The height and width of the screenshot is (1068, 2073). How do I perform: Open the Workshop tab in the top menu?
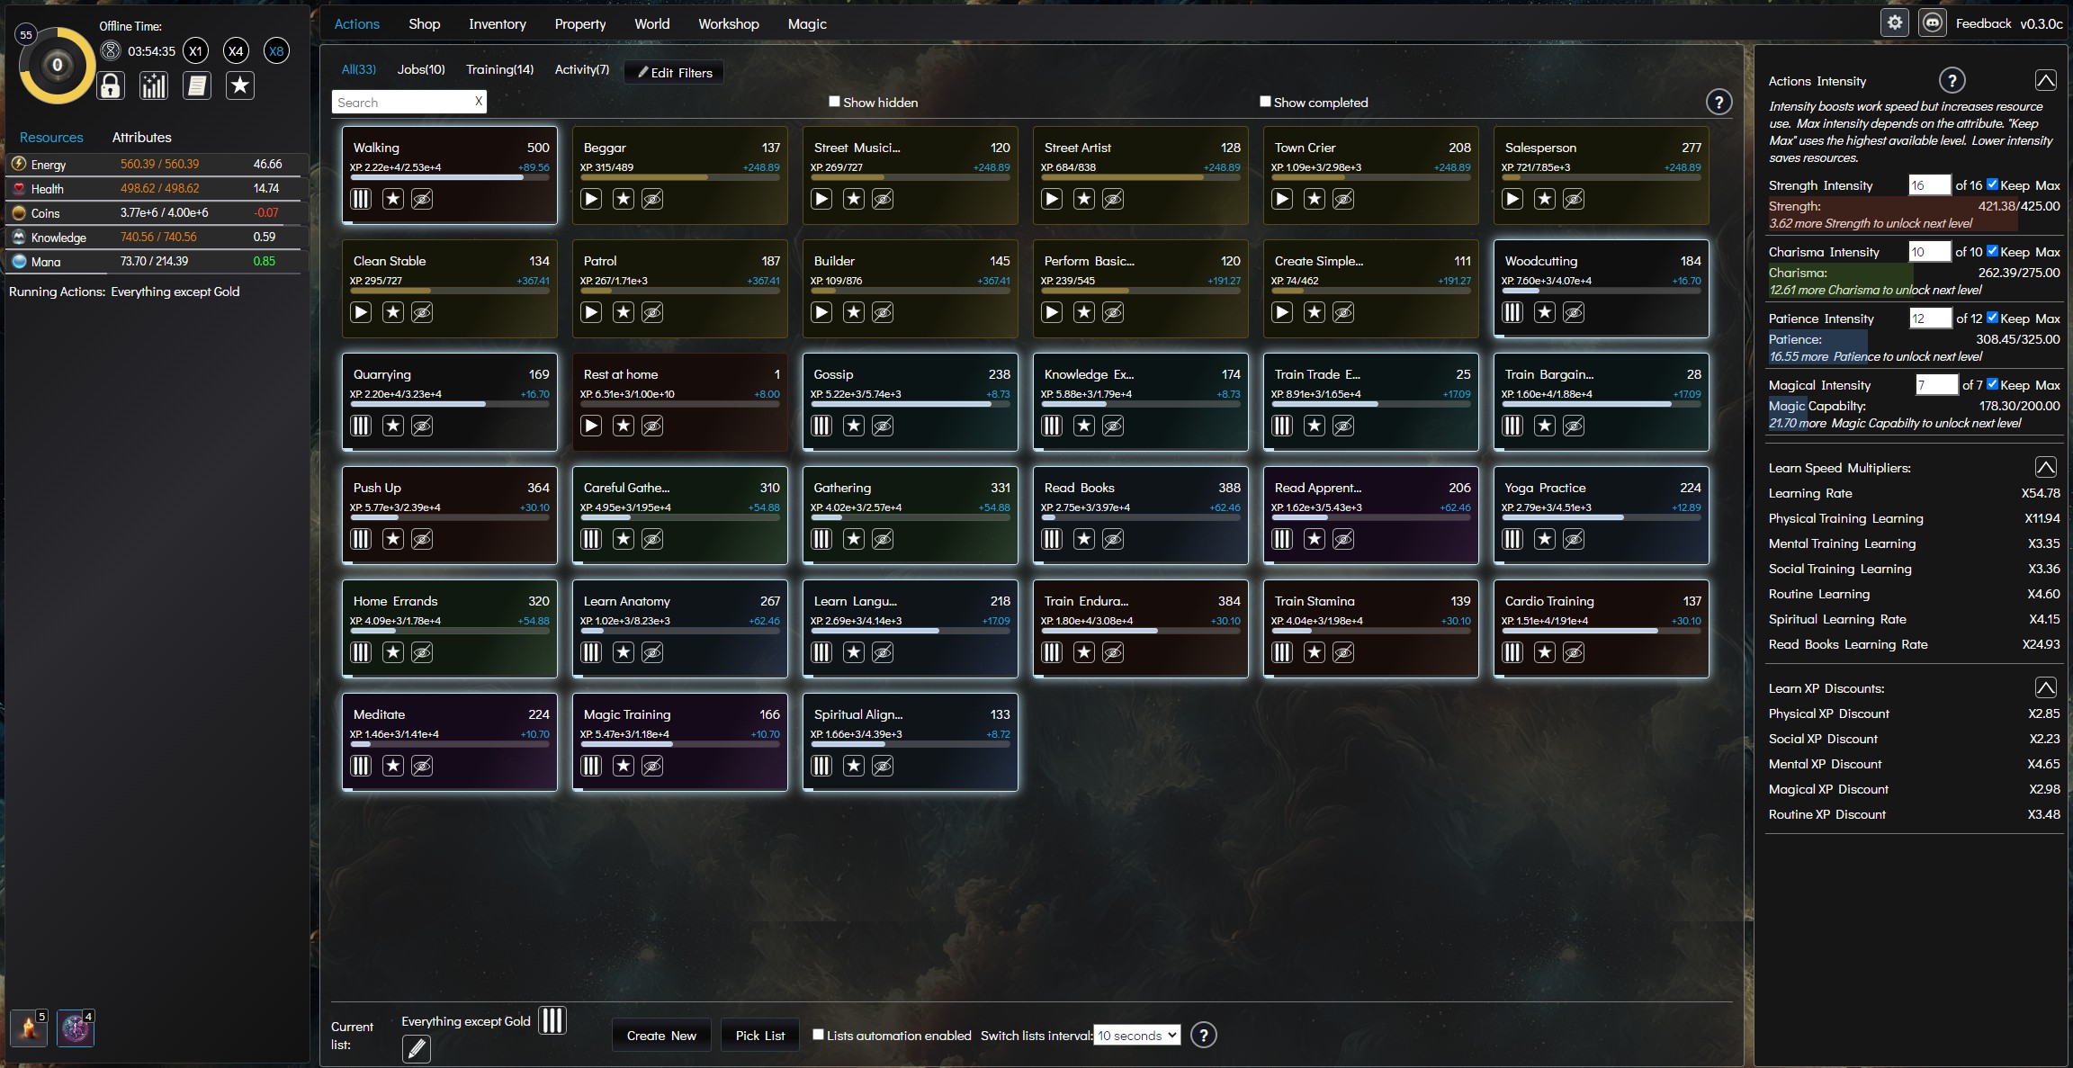(728, 24)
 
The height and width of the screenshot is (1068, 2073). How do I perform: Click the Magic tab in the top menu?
(806, 24)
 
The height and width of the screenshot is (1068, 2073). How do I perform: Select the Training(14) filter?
(499, 69)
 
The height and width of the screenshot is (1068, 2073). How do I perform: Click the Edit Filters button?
(674, 73)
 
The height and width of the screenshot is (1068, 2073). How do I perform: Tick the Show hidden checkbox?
(834, 102)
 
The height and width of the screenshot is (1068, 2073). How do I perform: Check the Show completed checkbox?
(1265, 102)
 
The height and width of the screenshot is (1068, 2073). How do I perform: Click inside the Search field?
(402, 103)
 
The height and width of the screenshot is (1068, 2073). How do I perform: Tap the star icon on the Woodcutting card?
(1545, 312)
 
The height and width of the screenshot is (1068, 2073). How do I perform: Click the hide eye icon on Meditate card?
(422, 766)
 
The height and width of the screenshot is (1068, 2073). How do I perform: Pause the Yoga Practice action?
(1512, 539)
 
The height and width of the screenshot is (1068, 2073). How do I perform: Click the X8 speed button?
(276, 51)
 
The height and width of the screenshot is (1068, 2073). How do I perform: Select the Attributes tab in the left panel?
(141, 138)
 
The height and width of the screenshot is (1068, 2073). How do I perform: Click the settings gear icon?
(1895, 23)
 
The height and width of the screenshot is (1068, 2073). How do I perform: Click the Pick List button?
(759, 1036)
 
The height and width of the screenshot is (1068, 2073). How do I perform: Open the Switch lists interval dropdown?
(1136, 1036)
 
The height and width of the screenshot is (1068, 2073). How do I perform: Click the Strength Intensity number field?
(1929, 185)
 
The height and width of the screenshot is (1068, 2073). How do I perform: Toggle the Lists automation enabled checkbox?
(818, 1035)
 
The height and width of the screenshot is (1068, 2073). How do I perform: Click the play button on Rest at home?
(591, 426)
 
